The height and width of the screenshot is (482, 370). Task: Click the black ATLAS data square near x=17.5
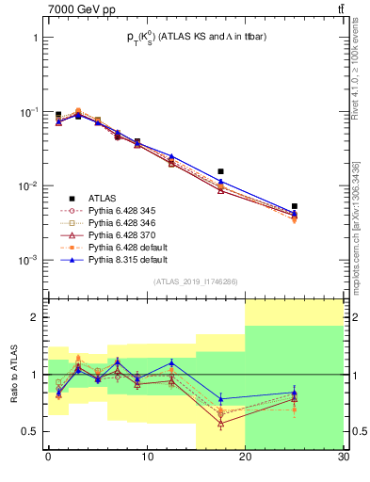coord(220,171)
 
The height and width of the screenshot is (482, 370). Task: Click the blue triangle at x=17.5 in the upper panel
coord(220,181)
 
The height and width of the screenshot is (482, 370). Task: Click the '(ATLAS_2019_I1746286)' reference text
coord(196,281)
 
